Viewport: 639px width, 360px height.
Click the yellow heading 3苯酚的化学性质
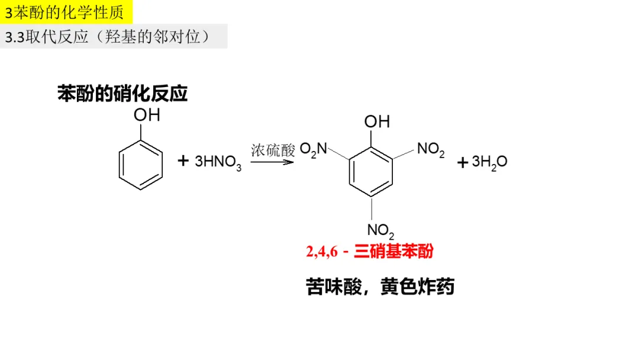[65, 12]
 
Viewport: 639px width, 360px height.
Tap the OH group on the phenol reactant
[146, 115]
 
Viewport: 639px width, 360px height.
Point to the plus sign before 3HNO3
[183, 160]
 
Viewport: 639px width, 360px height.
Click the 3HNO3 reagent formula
[218, 162]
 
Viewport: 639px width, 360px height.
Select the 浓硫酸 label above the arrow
[273, 150]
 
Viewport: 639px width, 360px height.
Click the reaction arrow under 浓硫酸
[272, 162]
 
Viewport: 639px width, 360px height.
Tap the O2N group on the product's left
[313, 149]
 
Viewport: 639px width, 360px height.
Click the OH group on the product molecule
[377, 121]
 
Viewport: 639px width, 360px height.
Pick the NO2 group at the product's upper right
[431, 149]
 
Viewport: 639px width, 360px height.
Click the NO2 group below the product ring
[380, 230]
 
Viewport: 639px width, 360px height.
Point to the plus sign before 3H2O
[463, 162]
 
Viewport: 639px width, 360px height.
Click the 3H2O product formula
[489, 162]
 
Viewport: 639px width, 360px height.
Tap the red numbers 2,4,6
[321, 252]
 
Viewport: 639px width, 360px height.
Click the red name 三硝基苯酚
[393, 252]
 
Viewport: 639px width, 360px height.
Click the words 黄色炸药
[418, 287]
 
